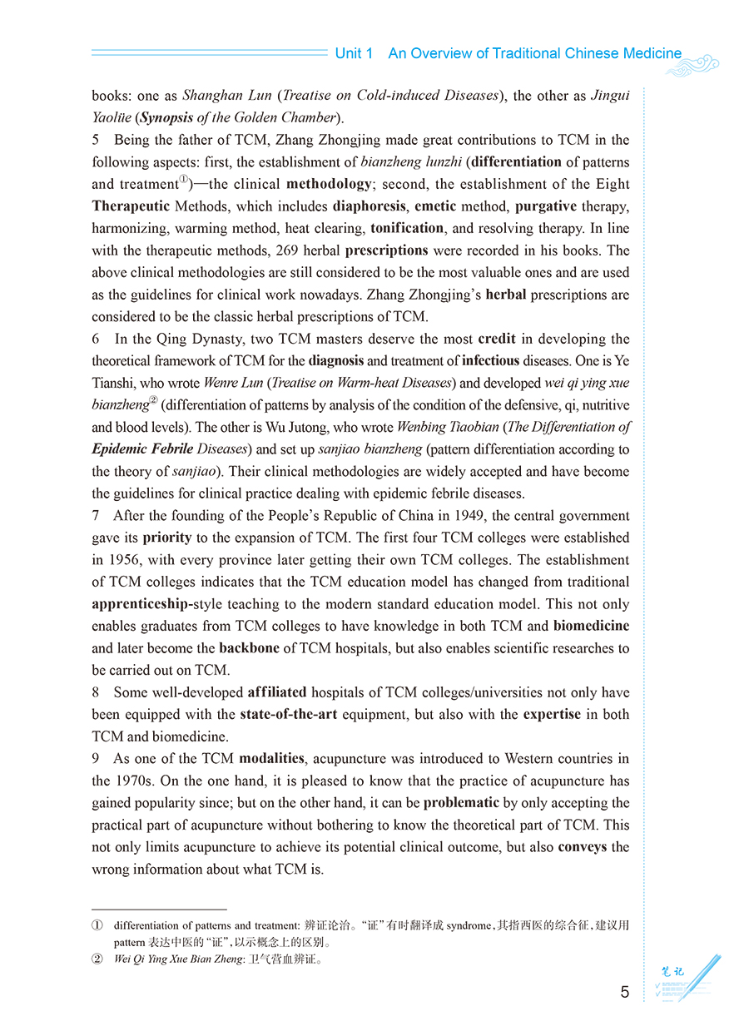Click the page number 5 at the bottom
(625, 992)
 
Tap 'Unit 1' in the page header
(354, 53)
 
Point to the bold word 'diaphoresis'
(370, 206)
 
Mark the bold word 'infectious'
(491, 361)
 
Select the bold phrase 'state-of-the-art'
(288, 715)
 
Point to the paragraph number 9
(96, 759)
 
